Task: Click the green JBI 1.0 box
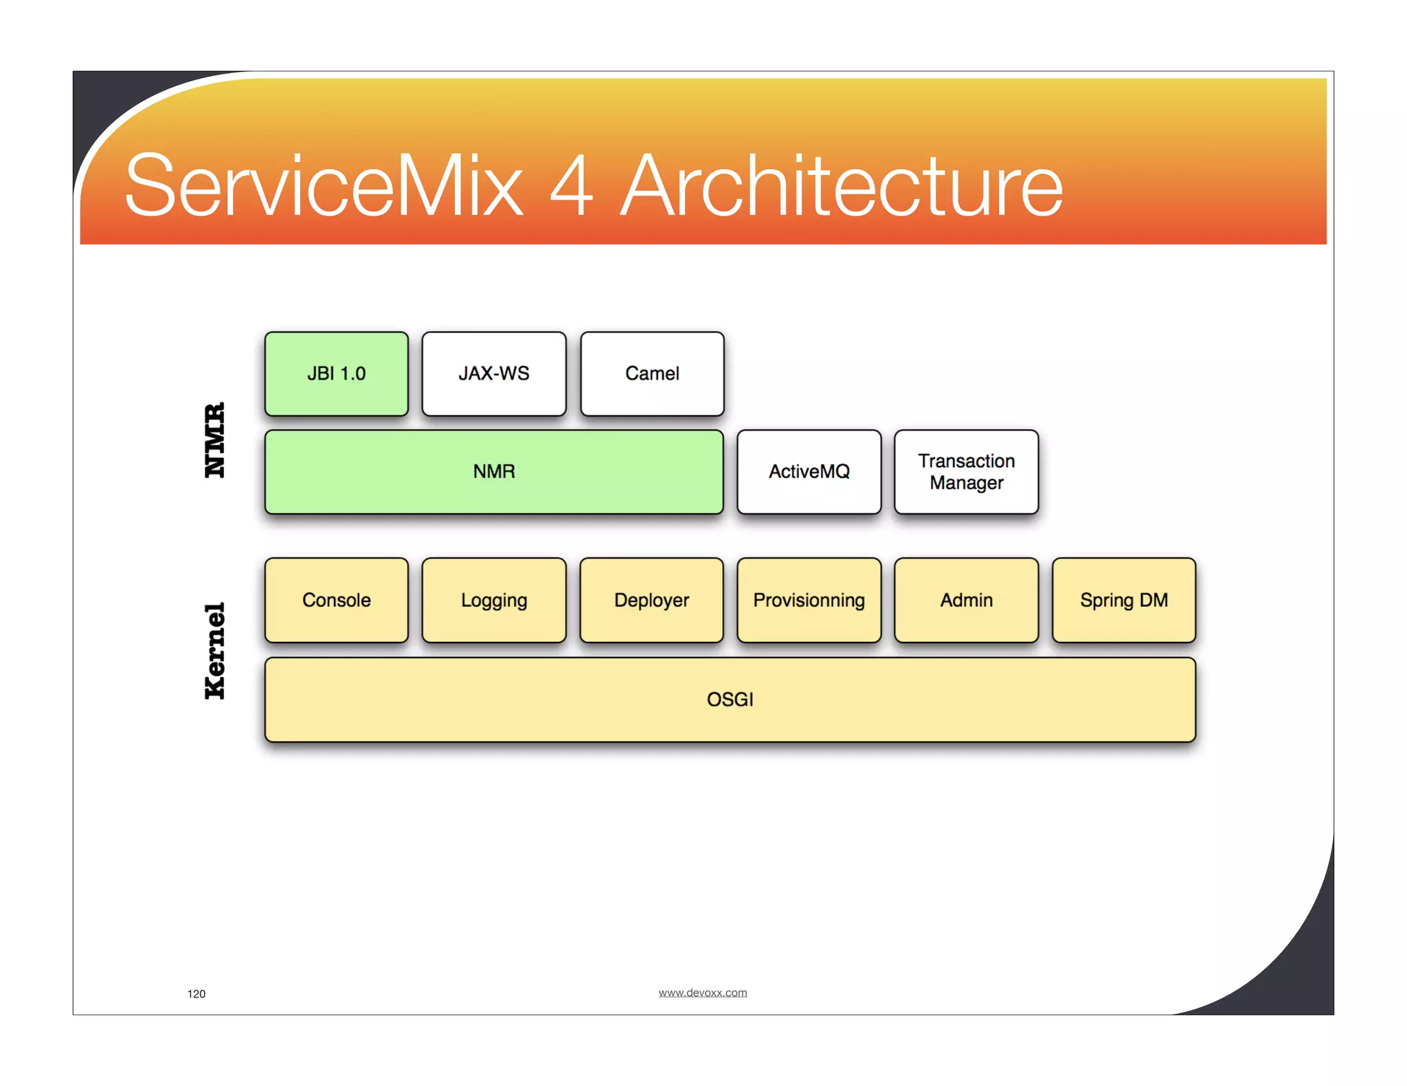click(336, 374)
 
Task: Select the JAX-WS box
click(494, 374)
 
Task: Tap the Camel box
click(652, 374)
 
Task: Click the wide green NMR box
click(494, 472)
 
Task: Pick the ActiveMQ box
click(809, 472)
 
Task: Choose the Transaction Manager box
click(966, 472)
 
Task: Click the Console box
click(336, 600)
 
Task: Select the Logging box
click(494, 600)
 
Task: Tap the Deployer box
click(651, 600)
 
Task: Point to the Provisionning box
click(809, 600)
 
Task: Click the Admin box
click(966, 600)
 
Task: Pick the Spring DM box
click(1123, 600)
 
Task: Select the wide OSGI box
click(730, 700)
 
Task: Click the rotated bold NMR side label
click(215, 440)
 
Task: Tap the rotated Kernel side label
click(215, 651)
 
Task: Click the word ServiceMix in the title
click(324, 186)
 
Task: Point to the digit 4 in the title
click(571, 186)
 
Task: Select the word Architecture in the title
click(842, 186)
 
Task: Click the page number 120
click(196, 994)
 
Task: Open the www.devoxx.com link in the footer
click(702, 993)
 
